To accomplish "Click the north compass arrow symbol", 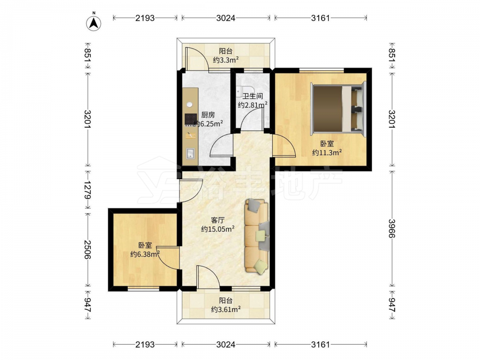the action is point(94,23).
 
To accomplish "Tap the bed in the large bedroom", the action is point(338,108).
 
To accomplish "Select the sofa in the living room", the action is point(256,236).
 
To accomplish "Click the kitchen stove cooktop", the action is point(191,120).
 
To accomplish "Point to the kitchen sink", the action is point(191,154).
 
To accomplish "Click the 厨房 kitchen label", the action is point(208,115).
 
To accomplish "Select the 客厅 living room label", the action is point(217,220).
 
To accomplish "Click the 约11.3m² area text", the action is point(326,152).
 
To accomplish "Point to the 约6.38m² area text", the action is point(145,254).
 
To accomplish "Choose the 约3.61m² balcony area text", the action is point(226,309).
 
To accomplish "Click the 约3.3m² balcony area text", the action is point(226,60).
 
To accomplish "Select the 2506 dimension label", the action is point(88,250).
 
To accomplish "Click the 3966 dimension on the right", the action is point(392,228).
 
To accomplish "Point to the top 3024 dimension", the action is point(226,18).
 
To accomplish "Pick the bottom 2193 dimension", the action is point(145,345).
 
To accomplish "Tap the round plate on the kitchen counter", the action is point(190,104).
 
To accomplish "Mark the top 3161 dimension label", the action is point(321,18).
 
